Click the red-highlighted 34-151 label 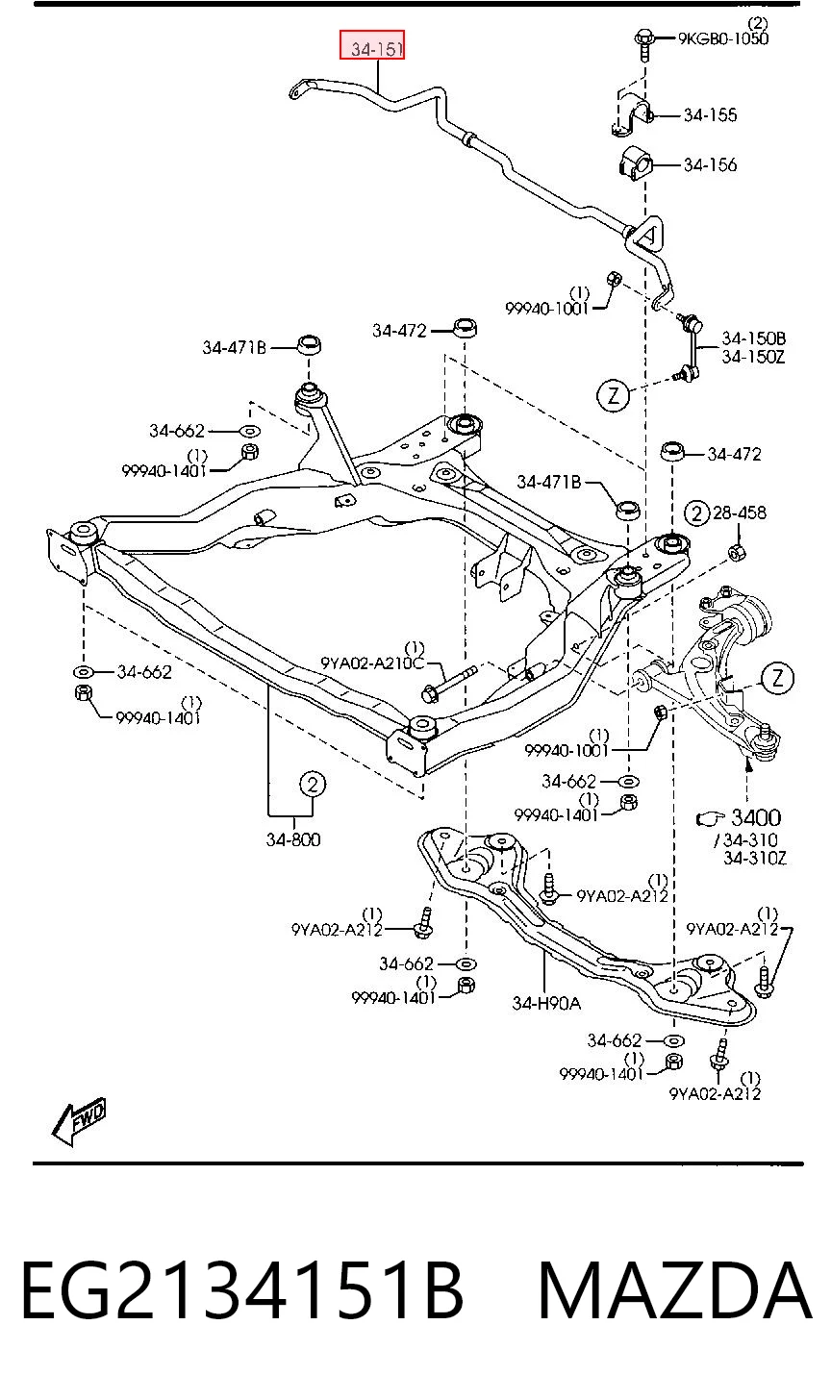(372, 45)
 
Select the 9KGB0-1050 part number (723, 38)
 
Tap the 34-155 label (711, 115)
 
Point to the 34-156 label (711, 165)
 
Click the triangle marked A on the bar (647, 234)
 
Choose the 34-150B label (753, 338)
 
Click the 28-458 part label (739, 513)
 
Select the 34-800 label (293, 839)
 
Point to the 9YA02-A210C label (372, 662)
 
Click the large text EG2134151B (242, 1290)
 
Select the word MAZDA (675, 1290)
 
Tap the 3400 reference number (756, 817)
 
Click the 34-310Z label (755, 859)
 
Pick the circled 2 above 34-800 (313, 784)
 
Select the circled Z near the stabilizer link (613, 395)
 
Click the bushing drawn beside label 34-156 (635, 164)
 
